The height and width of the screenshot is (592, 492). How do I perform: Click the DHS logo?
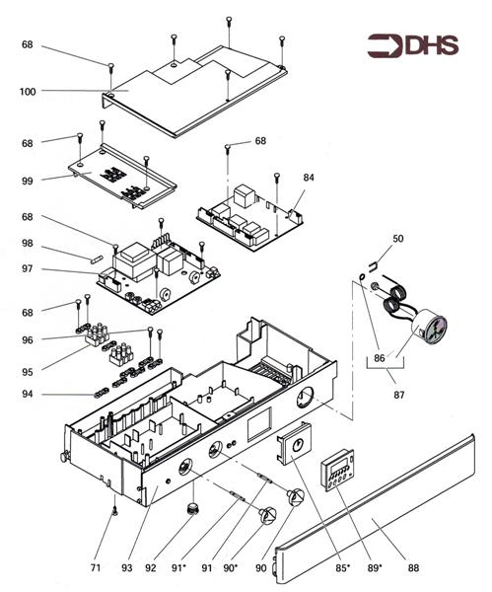413,45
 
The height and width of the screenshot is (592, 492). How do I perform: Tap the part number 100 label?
28,92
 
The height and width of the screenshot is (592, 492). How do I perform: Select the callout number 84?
309,177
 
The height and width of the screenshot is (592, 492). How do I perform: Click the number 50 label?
397,238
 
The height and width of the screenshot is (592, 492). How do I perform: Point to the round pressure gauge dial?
430,327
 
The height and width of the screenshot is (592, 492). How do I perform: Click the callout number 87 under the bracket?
398,395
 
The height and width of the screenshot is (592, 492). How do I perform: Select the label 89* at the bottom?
375,567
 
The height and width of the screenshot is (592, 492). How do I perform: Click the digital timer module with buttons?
337,470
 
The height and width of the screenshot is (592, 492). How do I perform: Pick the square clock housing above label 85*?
295,443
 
